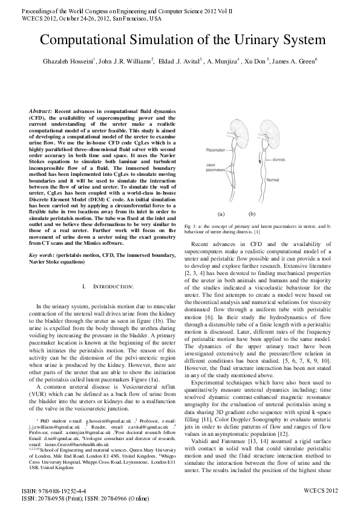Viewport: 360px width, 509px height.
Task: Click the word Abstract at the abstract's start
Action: (x=41, y=112)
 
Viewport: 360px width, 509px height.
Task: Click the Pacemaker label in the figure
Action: (x=199, y=148)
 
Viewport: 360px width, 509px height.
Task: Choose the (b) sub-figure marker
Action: (x=252, y=214)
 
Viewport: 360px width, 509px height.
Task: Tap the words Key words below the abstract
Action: (x=42, y=256)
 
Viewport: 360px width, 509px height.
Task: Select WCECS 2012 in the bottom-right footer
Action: (x=321, y=490)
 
